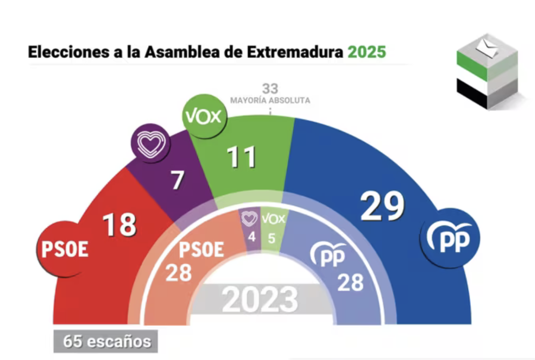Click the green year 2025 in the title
[x=367, y=52]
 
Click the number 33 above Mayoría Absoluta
[x=270, y=88]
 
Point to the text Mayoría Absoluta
[x=270, y=100]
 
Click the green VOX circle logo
[x=204, y=117]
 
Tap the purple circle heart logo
[x=150, y=144]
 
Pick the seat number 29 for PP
[x=383, y=206]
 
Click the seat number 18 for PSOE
[x=119, y=225]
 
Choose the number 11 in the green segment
[x=241, y=157]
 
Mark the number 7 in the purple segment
[x=178, y=180]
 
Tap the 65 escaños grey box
[x=107, y=342]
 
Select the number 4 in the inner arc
[x=252, y=236]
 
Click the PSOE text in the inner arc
[x=201, y=250]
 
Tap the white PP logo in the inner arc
[x=328, y=254]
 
